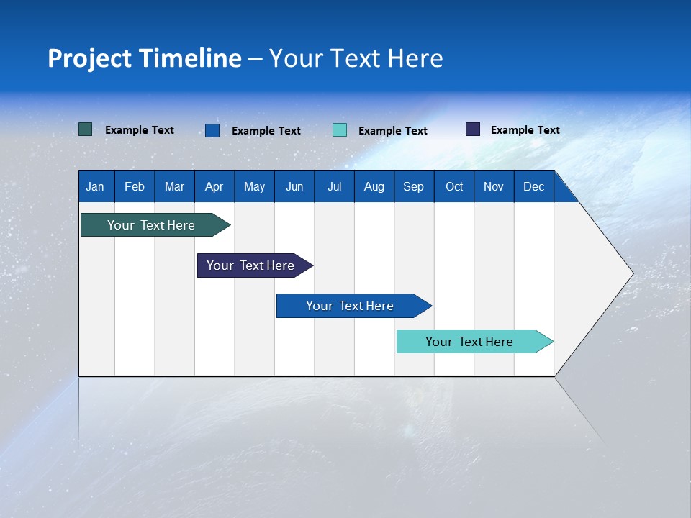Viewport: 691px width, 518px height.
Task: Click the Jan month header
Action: point(95,186)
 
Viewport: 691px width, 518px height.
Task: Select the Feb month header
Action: point(135,186)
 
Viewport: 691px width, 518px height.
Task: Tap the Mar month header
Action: point(174,186)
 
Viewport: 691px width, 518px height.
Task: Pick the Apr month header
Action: point(214,186)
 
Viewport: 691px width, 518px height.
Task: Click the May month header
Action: point(254,186)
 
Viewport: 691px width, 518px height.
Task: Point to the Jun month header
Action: point(294,186)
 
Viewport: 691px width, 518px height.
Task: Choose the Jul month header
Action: point(334,186)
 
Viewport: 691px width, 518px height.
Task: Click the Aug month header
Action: point(374,186)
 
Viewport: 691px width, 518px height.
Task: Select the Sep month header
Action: point(414,186)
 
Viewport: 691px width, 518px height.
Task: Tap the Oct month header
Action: point(454,186)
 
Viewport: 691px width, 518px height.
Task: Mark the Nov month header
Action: point(494,186)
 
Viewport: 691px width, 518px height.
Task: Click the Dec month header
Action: point(534,186)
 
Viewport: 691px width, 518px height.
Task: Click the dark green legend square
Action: point(86,129)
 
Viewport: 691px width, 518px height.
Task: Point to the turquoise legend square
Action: point(340,130)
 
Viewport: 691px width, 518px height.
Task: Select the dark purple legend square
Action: point(473,129)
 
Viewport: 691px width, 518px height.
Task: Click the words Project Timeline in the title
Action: point(145,58)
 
